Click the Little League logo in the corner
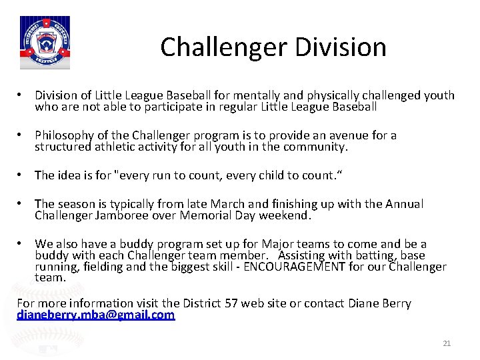[45, 43]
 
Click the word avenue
[342, 136]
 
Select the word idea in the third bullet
[71, 175]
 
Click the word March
[229, 204]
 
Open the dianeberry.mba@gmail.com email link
[95, 315]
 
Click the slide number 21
[447, 343]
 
